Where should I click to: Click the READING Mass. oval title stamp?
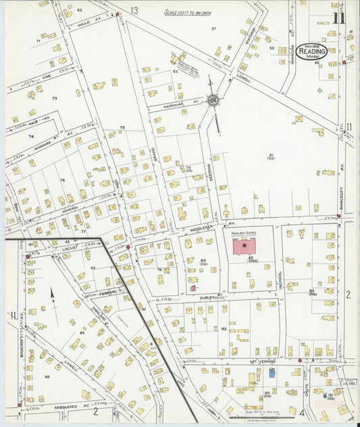pyautogui.click(x=311, y=51)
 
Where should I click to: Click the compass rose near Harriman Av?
pyautogui.click(x=213, y=101)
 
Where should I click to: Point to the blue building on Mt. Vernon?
pyautogui.click(x=272, y=372)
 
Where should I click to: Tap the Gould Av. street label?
pyautogui.click(x=84, y=22)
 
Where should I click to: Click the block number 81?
pyautogui.click(x=271, y=156)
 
